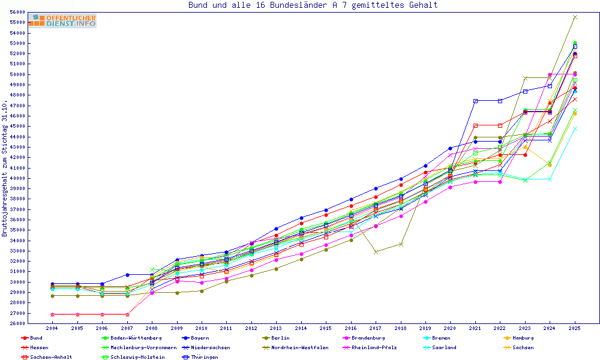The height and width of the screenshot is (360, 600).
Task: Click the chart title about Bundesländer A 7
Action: point(313,5)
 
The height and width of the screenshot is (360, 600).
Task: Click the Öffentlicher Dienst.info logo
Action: point(62,21)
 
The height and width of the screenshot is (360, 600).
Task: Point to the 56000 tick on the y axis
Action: point(17,12)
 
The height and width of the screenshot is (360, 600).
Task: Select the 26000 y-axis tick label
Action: point(17,324)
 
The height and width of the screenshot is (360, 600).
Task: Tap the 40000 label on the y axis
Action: point(17,178)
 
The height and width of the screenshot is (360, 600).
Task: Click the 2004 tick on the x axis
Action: point(52,329)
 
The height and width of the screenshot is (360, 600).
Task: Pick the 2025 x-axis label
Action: point(575,329)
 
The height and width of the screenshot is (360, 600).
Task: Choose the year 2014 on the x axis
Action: point(301,329)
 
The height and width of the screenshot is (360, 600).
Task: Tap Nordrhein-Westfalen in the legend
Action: point(299,347)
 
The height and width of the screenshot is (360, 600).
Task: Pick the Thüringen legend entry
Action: point(201,357)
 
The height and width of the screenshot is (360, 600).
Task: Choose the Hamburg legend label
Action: point(523,338)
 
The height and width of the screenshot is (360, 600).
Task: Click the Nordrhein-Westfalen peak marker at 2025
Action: point(575,17)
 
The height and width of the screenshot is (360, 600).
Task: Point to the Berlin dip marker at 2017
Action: point(376,252)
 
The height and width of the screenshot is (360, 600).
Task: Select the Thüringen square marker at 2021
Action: point(475,101)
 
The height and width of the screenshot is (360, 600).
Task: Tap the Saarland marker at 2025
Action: point(575,128)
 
